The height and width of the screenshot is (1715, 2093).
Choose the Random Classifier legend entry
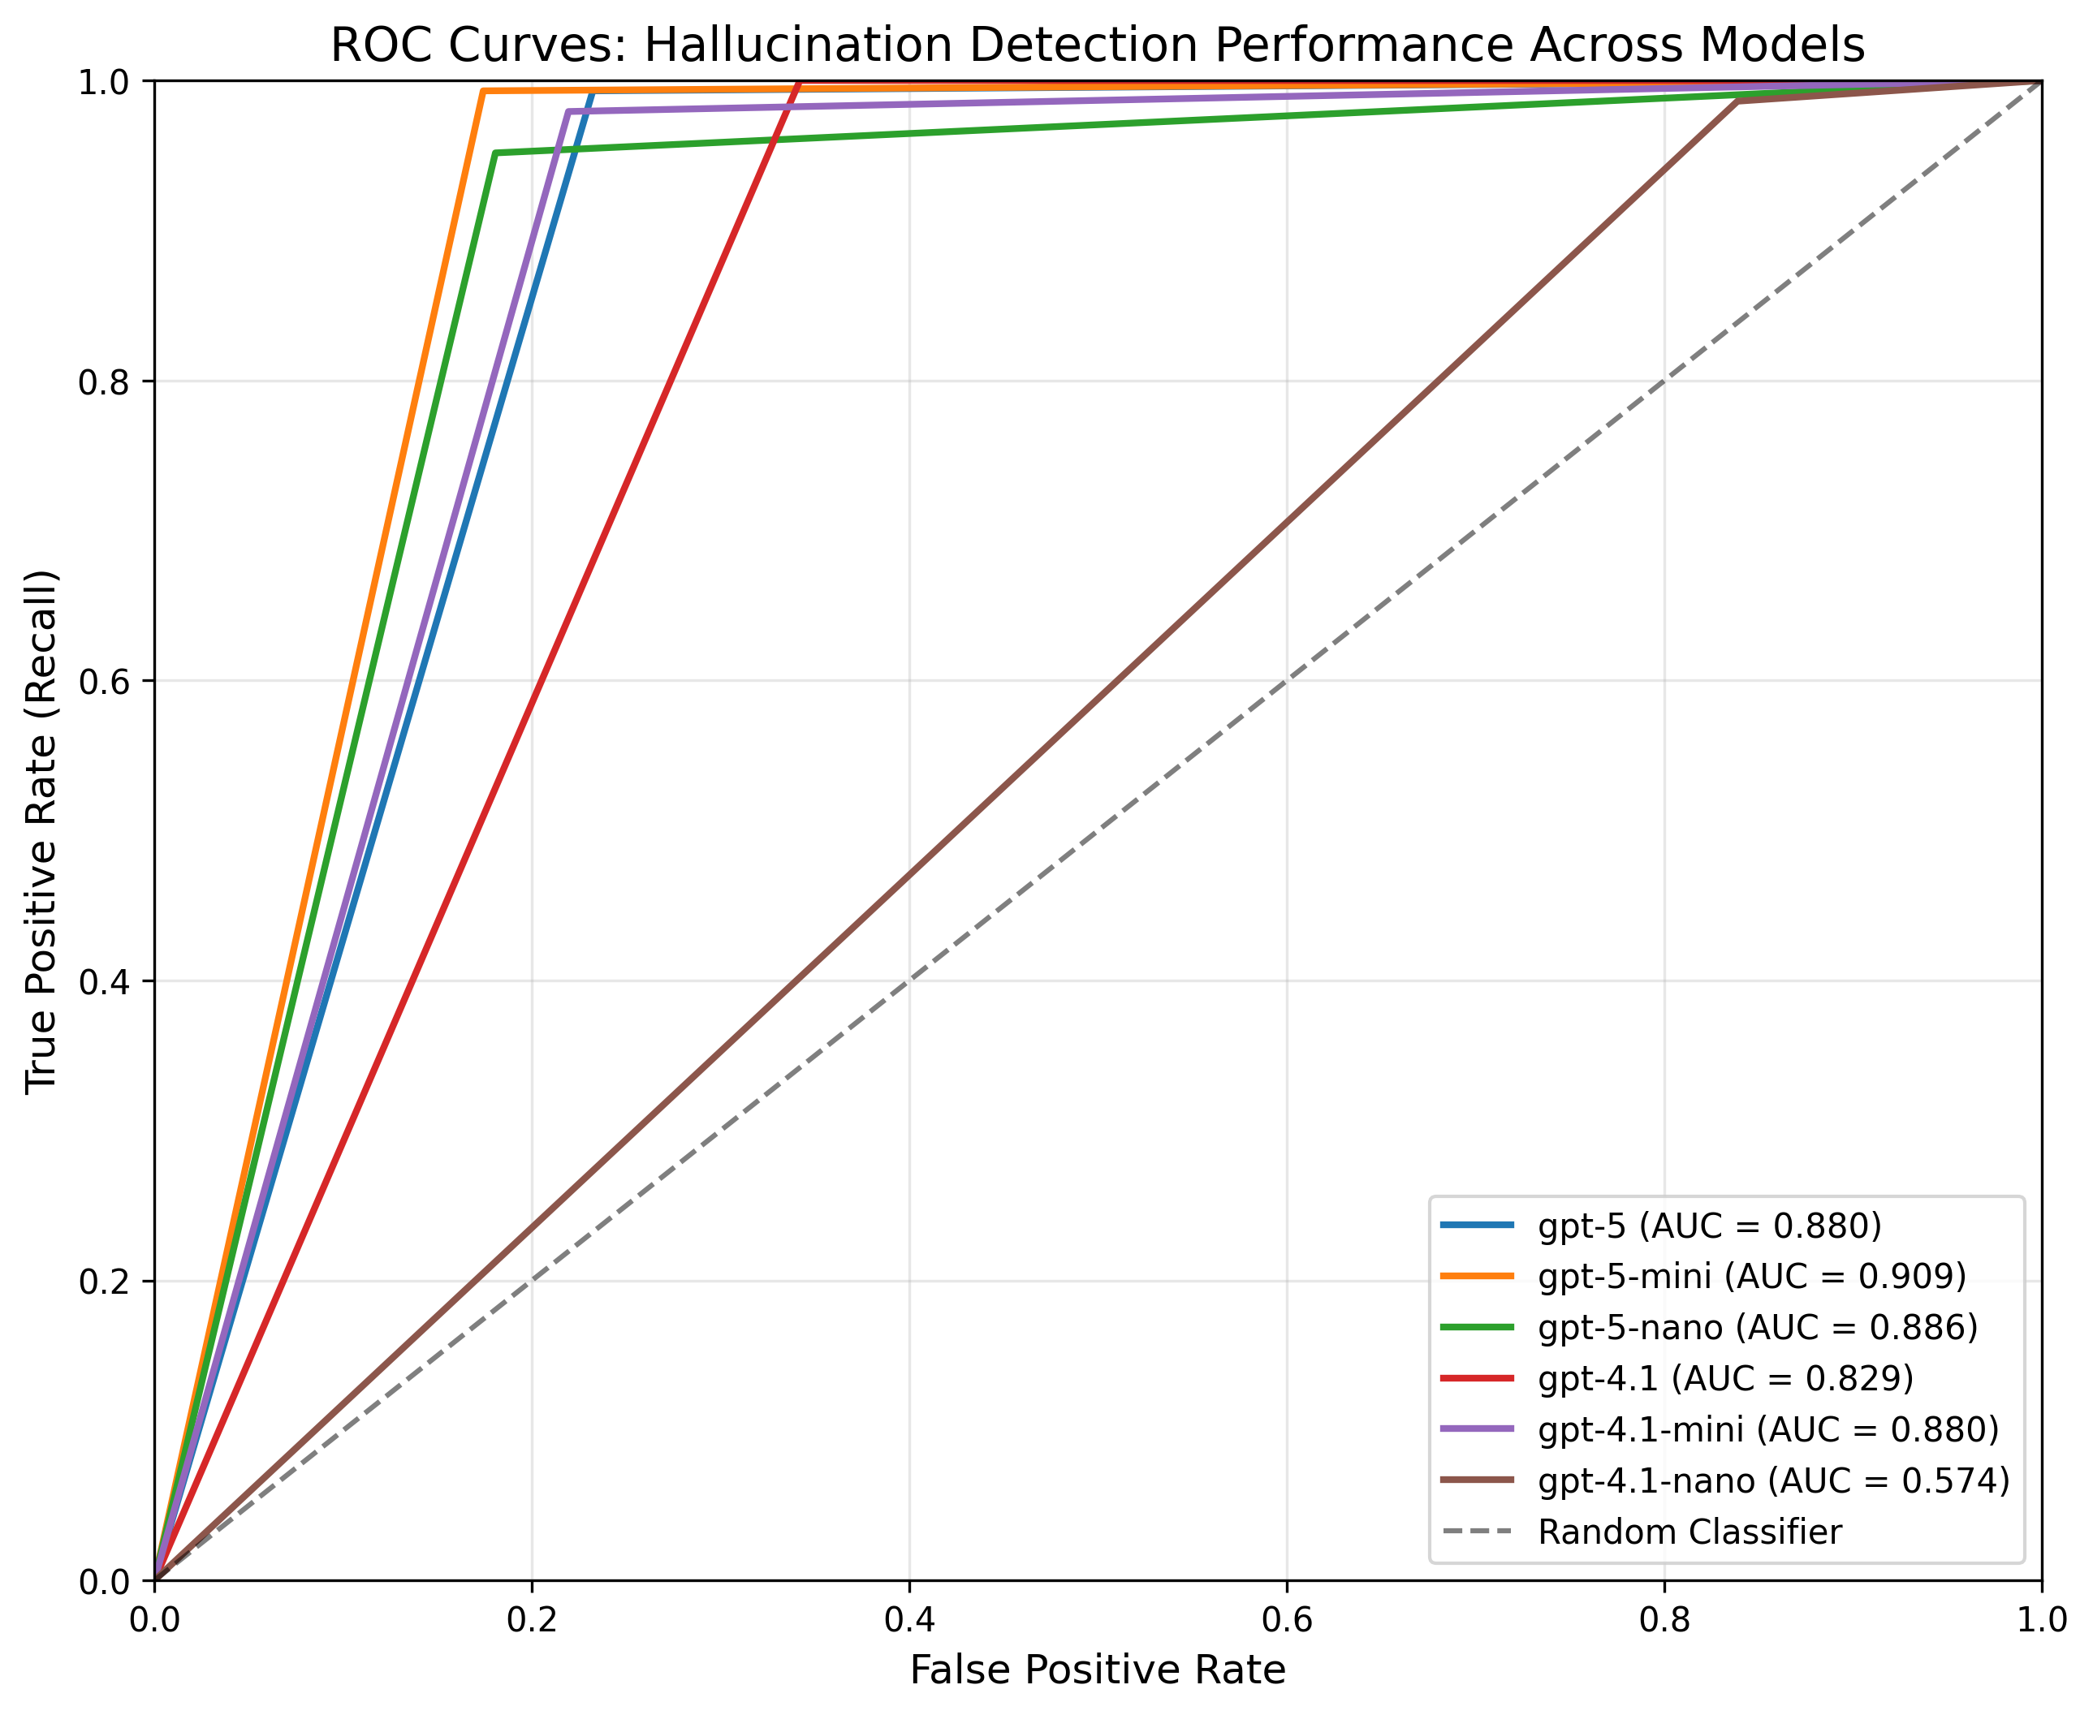coord(1690,1532)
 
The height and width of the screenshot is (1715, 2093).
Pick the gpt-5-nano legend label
coord(1758,1327)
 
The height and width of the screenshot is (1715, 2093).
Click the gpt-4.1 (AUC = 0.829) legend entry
coord(1725,1378)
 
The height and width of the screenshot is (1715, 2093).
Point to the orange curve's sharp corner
coord(482,91)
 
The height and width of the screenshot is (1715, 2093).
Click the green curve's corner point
coord(494,153)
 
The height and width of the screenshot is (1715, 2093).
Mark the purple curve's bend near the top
coord(568,112)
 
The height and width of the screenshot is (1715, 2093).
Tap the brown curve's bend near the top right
coord(1738,101)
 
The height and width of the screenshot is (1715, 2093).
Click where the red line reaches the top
coord(798,83)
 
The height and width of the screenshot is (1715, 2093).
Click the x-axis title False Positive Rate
coord(1097,1670)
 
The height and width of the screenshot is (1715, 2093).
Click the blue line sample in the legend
coord(1476,1225)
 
